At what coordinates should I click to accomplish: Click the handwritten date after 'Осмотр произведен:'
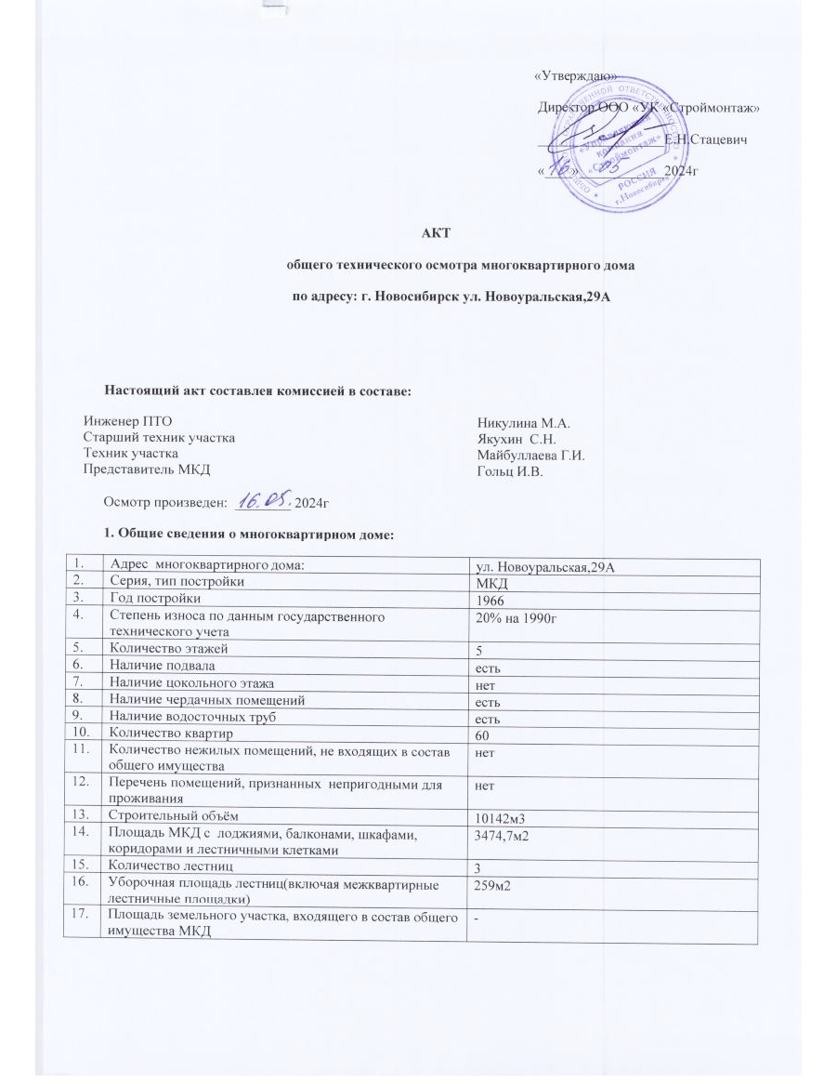264,501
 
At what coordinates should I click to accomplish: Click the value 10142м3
504,817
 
